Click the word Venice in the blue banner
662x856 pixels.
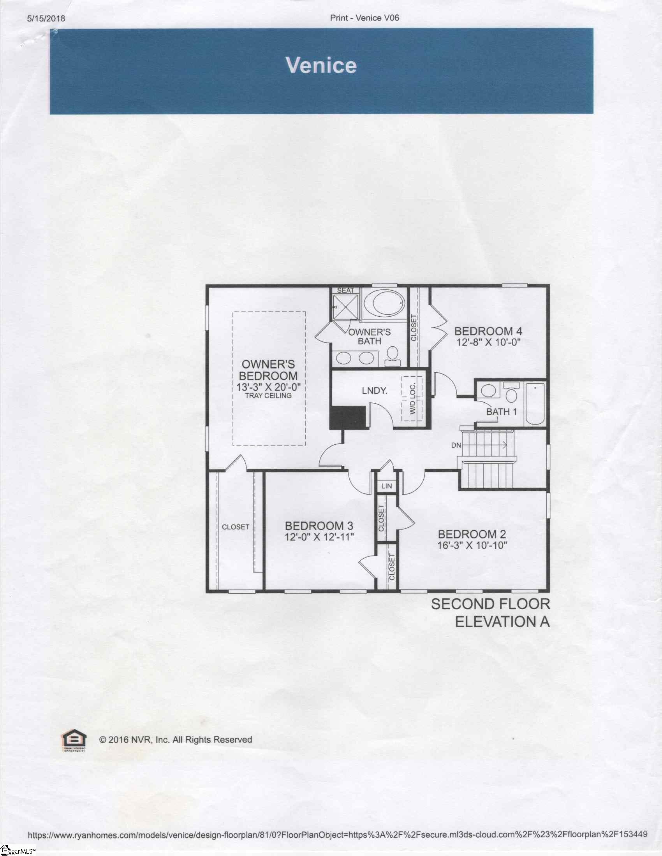(321, 65)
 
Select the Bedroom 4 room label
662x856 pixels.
(488, 331)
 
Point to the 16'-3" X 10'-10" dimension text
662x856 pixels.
(472, 545)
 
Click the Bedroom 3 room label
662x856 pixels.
(319, 526)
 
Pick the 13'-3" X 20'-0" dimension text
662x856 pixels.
(268, 387)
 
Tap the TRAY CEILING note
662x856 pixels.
(268, 395)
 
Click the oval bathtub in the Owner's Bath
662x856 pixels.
(384, 305)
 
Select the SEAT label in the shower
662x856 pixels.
(345, 290)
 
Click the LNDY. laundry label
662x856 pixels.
(375, 390)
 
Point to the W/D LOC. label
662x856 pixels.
(412, 399)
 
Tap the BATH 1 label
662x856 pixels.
(502, 412)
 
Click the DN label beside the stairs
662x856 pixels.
(456, 445)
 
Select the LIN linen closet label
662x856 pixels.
(387, 486)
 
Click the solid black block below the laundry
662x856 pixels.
(348, 417)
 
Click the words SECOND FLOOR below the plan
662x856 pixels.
(491, 604)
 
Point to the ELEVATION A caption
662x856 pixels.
(502, 622)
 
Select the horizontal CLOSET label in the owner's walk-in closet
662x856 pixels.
(236, 527)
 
